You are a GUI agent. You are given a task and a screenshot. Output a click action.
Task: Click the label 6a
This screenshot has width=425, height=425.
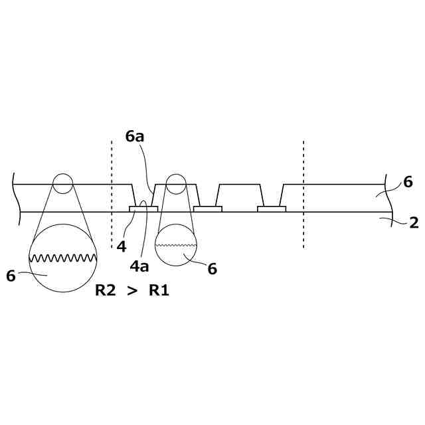coord(135,136)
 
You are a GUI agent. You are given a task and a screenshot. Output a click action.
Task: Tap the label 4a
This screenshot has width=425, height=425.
coord(139,266)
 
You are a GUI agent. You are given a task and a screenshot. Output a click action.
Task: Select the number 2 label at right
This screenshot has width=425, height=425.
coord(414,223)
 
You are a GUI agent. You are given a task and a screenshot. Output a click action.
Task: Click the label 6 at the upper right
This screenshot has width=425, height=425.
coord(408,182)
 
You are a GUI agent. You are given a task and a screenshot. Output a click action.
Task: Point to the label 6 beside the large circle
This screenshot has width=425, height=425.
coord(11,276)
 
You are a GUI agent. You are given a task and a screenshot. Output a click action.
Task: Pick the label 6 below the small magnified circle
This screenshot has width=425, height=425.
coord(212,268)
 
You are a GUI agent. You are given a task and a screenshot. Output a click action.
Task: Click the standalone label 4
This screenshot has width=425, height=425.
coord(121,246)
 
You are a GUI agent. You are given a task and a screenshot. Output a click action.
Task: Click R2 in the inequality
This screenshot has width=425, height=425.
coord(106,290)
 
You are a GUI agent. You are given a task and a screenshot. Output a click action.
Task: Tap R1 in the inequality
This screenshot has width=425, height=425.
coord(159,290)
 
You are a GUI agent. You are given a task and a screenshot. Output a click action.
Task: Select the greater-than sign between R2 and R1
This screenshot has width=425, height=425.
coord(132,290)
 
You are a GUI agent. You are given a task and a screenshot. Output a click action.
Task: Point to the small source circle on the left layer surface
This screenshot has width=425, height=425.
coord(62,183)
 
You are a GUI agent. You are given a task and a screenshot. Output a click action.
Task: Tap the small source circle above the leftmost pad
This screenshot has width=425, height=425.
coord(176,183)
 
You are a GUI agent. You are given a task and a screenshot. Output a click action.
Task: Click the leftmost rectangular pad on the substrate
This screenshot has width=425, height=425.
coord(143,209)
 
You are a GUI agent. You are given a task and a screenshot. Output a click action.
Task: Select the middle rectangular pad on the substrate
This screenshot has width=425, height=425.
coord(207,209)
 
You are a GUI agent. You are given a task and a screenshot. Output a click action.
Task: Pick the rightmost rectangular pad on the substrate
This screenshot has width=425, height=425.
coord(272,209)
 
